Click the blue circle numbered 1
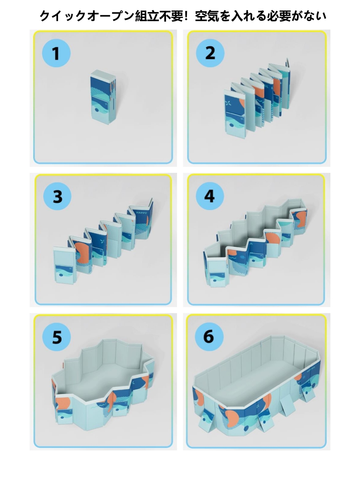(56, 53)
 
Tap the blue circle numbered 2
(210, 53)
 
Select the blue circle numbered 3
(57, 196)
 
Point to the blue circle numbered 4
(210, 196)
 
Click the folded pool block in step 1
(103, 97)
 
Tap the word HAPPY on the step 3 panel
(142, 212)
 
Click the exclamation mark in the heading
(186, 16)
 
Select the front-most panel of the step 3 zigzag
(64, 265)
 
